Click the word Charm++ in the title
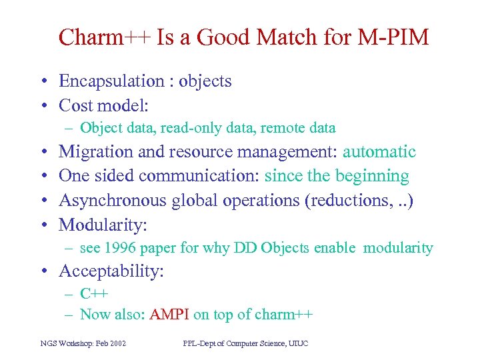tap(105, 37)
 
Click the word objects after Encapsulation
tap(205, 81)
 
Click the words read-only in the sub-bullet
tap(183, 128)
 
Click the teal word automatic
tap(379, 152)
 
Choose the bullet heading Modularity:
tap(103, 225)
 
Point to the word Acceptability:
tap(111, 271)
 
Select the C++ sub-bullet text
tap(94, 294)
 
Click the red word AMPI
tap(170, 315)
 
